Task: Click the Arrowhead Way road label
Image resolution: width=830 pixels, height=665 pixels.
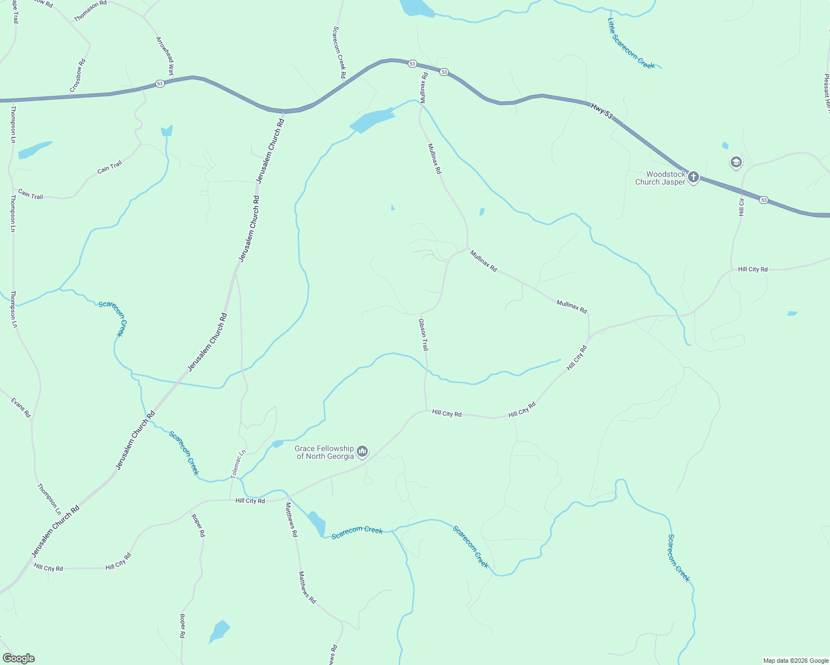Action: point(165,56)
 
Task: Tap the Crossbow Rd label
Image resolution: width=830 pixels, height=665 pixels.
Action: point(78,75)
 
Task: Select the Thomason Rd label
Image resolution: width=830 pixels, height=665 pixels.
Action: point(90,11)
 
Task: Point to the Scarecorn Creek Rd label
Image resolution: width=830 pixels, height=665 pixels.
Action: point(339,52)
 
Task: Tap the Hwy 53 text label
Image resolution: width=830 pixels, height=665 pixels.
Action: point(601,111)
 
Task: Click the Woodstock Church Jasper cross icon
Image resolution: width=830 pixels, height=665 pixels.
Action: point(693,177)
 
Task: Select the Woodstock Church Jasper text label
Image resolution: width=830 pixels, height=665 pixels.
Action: point(660,178)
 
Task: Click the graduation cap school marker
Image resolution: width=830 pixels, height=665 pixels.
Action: point(736,162)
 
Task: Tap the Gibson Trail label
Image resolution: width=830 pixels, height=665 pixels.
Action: point(423,334)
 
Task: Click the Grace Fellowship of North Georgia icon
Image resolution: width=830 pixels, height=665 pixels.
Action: point(362,452)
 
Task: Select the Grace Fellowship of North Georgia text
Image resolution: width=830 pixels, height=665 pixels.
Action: point(325,452)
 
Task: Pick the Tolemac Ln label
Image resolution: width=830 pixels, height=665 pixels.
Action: point(238,464)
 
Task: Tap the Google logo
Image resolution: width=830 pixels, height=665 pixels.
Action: point(18,658)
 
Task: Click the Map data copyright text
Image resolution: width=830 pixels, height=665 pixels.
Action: point(796,661)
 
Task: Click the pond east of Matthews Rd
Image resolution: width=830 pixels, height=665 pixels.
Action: point(317,523)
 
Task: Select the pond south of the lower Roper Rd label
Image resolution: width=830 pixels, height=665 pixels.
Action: point(219,631)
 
